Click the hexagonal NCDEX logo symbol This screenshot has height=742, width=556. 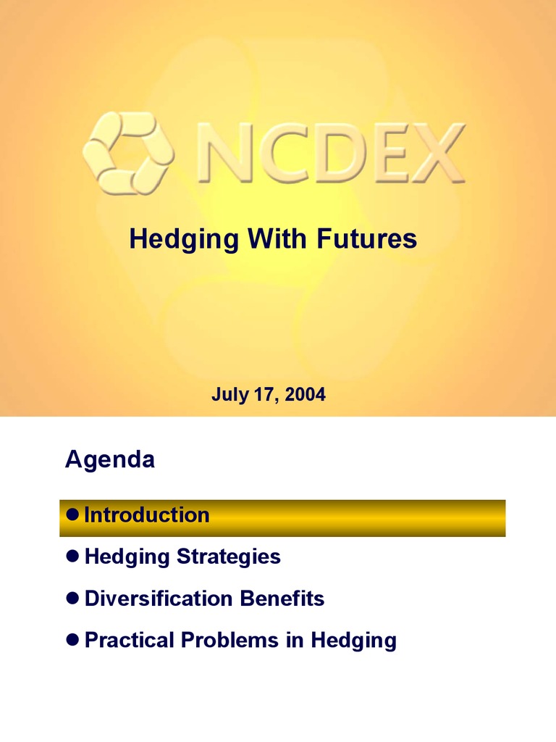click(x=128, y=153)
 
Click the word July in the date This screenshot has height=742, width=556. click(x=227, y=395)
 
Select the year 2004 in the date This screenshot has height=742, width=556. click(x=306, y=395)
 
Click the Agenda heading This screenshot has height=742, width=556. click(x=109, y=459)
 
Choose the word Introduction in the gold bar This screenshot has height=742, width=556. click(x=147, y=515)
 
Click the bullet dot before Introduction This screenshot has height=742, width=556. click(x=71, y=515)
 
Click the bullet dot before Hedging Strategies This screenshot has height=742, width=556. click(x=71, y=557)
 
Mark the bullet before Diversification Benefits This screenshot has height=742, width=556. click(x=71, y=599)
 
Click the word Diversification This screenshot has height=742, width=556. click(x=157, y=599)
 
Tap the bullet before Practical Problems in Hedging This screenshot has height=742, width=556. click(x=71, y=641)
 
